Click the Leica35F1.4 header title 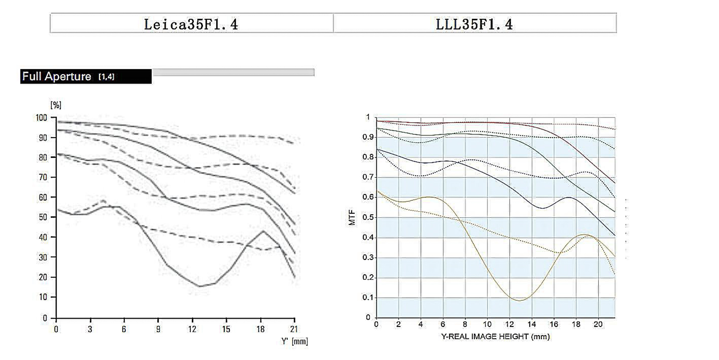coord(191,24)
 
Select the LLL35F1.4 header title coord(474,24)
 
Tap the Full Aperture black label coord(86,76)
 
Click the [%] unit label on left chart coord(56,105)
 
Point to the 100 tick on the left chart coord(41,118)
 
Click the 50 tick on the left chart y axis coord(43,217)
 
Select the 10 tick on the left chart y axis coord(43,297)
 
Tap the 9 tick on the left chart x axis coord(158,329)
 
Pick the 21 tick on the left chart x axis coord(294,329)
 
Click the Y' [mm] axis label coord(294,341)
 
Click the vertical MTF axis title coord(352,218)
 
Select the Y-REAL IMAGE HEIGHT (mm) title coord(495,337)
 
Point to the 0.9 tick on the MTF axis coord(368,137)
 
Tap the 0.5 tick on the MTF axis coord(368,218)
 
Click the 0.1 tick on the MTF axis coord(368,298)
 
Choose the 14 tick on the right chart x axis coord(532,324)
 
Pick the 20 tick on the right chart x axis coord(598,324)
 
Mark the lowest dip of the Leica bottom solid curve coord(200,286)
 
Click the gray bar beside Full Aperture coord(233,72)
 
